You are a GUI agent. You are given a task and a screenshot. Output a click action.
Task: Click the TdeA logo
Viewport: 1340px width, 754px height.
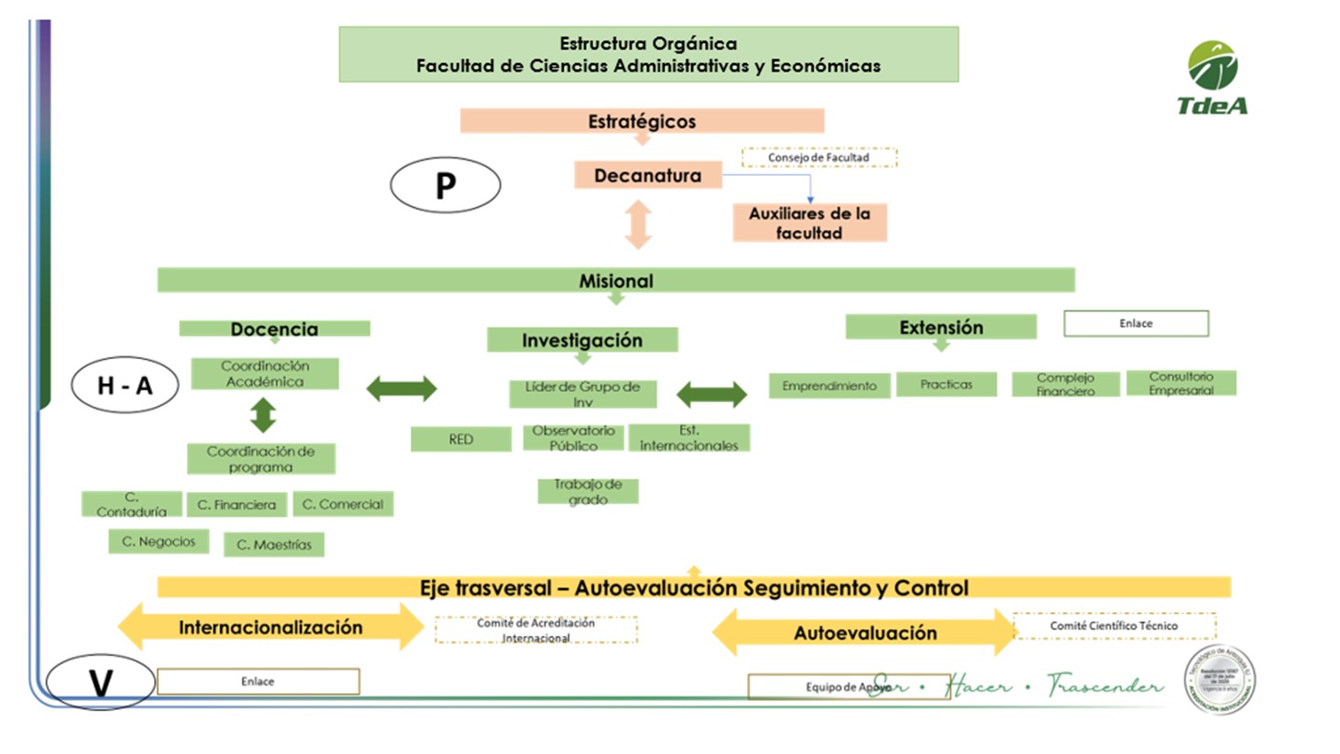click(1213, 78)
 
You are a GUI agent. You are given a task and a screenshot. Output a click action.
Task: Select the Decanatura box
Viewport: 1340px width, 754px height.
click(647, 175)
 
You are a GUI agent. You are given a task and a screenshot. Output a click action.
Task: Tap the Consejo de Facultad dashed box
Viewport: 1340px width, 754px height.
click(818, 158)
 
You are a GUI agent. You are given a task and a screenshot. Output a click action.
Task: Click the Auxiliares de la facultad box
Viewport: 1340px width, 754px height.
click(809, 223)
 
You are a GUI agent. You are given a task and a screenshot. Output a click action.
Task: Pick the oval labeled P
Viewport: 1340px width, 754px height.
click(445, 185)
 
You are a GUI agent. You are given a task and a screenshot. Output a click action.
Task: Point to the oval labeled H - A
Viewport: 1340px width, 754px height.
click(126, 385)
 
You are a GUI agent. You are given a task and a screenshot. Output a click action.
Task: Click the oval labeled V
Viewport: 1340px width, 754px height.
click(100, 683)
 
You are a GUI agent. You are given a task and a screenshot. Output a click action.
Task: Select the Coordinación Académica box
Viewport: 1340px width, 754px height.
click(265, 374)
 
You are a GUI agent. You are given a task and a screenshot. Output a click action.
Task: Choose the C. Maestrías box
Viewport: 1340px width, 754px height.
click(274, 544)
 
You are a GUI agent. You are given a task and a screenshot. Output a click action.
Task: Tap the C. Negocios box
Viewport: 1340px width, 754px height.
click(159, 541)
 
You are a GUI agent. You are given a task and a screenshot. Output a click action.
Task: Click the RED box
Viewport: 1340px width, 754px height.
click(460, 440)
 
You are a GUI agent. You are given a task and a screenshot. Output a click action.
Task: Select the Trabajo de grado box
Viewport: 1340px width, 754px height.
click(588, 492)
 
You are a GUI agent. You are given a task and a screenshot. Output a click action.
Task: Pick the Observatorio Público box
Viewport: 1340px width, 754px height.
click(574, 438)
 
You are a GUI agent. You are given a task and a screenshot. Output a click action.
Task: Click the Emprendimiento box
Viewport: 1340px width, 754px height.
click(829, 386)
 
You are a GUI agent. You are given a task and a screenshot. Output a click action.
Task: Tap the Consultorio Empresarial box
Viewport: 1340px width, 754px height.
click(1181, 383)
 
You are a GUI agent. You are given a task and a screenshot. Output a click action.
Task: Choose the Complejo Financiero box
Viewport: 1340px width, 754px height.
click(1065, 384)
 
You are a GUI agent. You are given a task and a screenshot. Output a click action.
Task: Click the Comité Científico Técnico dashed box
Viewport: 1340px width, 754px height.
click(1114, 626)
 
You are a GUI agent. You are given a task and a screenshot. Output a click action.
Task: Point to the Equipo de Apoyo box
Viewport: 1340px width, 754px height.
click(847, 687)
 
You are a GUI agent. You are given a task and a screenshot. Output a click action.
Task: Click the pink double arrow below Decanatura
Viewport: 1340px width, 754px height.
click(638, 224)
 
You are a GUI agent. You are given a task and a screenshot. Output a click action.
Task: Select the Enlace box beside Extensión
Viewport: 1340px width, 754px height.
click(1136, 323)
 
